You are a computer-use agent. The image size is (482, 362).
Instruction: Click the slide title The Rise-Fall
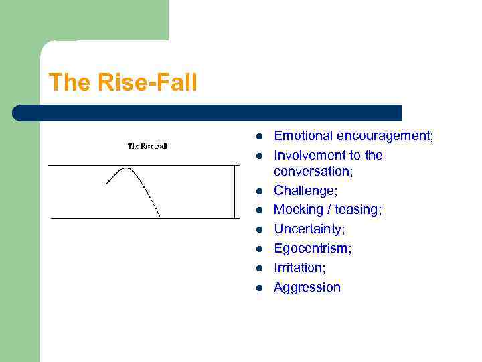[123, 82]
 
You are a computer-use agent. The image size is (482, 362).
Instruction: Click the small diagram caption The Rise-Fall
[147, 146]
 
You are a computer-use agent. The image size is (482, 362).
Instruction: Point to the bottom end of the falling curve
[159, 215]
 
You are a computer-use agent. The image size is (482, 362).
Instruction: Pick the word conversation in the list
[312, 172]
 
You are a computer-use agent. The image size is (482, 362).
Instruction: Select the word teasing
[359, 210]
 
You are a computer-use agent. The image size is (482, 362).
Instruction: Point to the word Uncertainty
[309, 229]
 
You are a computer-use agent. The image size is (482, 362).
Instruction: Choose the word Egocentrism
[313, 249]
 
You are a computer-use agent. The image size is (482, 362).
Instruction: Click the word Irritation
[299, 267]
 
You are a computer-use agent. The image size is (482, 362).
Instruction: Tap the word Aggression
[307, 288]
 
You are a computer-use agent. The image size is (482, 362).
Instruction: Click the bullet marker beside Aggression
[257, 288]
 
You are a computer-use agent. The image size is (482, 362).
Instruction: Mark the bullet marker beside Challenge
[257, 192]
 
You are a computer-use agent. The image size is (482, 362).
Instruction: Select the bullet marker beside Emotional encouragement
[257, 137]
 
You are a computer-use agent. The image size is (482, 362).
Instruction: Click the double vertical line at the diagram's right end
[236, 191]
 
